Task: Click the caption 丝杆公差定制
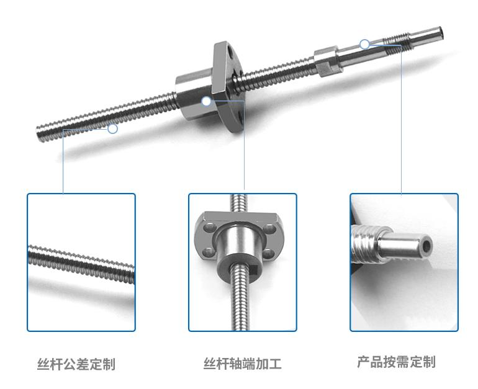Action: pos(76,364)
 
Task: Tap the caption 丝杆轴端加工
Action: pos(242,364)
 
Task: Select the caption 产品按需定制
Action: pos(396,362)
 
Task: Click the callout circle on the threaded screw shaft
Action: pos(113,128)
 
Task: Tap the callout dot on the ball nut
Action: pos(206,101)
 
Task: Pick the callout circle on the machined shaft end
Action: pos(364,45)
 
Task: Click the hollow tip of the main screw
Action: pos(441,32)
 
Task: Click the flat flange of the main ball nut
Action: pos(228,86)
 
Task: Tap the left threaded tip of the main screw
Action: pos(41,133)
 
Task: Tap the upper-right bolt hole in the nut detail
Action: pos(269,228)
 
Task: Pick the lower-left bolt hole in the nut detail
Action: pos(209,252)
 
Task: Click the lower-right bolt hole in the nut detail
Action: pos(268,254)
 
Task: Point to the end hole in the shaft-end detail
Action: pos(427,246)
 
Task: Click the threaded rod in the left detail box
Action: pos(81,264)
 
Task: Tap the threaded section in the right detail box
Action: pos(365,244)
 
